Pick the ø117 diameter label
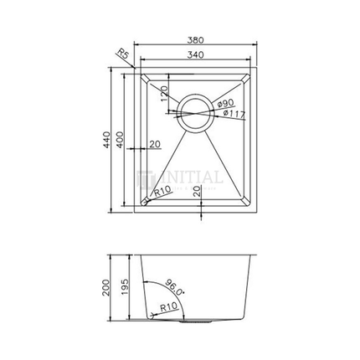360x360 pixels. (234, 113)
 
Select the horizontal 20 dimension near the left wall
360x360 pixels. (154, 145)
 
